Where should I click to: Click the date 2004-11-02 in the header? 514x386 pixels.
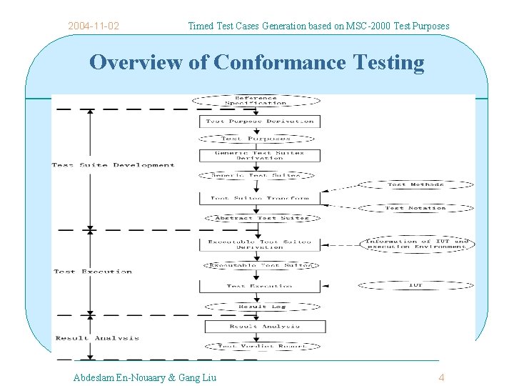[x=94, y=26]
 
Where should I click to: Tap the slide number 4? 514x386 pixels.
[x=441, y=377]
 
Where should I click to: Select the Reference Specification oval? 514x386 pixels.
[x=256, y=100]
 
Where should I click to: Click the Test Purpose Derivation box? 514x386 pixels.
[x=260, y=122]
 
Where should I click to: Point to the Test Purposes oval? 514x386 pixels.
[x=256, y=139]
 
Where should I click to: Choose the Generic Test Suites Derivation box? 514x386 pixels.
[x=260, y=155]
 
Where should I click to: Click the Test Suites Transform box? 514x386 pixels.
[x=260, y=198]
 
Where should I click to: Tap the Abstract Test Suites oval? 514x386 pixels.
[x=261, y=218]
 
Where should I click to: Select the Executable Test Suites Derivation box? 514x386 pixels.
[x=260, y=244]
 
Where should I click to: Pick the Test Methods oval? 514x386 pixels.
[x=415, y=184]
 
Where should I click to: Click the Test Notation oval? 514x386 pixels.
[x=415, y=208]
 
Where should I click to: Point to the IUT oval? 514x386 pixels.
[x=415, y=285]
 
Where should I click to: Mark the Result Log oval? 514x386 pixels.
[x=261, y=307]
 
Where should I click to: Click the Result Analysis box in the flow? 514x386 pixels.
[x=265, y=326]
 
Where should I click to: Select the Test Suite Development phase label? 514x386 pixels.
[x=113, y=165]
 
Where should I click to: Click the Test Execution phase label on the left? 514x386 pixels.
[x=93, y=272]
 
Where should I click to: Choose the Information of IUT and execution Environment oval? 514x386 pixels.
[x=418, y=244]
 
